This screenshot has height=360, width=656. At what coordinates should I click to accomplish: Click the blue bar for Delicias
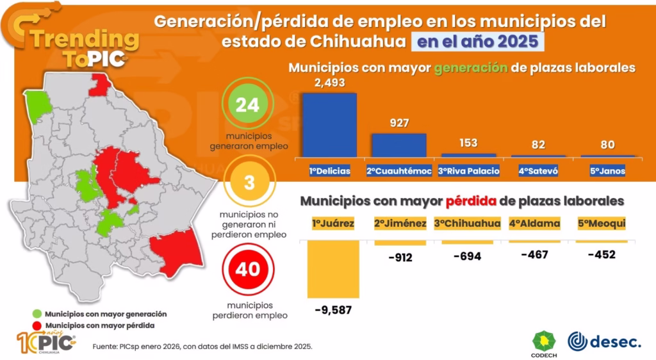329,125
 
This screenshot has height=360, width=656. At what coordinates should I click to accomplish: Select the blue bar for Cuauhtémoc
399,145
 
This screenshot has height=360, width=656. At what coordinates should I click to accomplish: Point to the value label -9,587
333,310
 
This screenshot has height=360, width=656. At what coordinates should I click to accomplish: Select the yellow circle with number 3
249,183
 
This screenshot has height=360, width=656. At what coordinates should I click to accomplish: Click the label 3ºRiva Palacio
468,172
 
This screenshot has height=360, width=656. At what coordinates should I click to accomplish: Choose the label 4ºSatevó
538,172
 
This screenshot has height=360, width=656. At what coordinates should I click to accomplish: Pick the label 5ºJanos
607,172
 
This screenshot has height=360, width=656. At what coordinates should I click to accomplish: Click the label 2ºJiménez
400,224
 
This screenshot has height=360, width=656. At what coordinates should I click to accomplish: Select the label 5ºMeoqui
602,224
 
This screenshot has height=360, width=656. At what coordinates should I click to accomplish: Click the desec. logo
604,341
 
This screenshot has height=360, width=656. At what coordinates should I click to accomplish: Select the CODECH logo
545,343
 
